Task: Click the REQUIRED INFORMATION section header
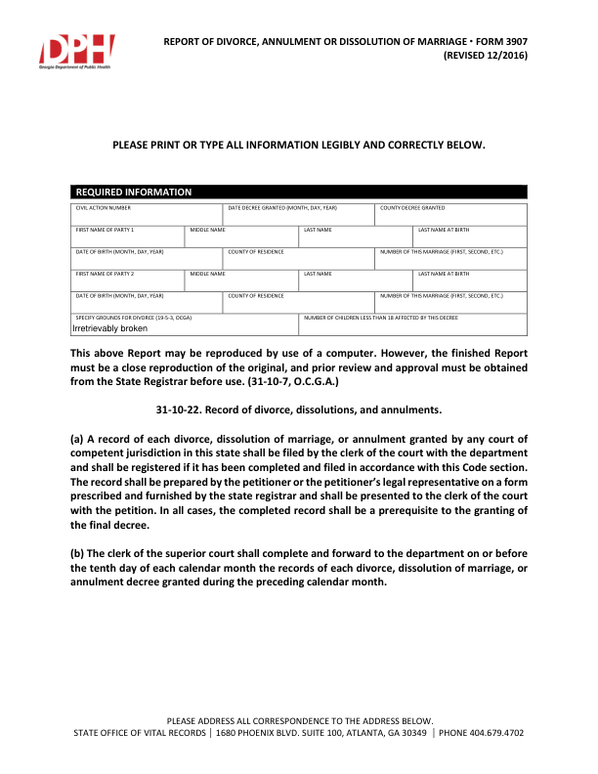pos(134,193)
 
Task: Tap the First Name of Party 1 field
pos(127,237)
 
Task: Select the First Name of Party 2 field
pos(127,280)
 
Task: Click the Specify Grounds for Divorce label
pos(134,318)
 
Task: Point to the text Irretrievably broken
pos(110,328)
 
